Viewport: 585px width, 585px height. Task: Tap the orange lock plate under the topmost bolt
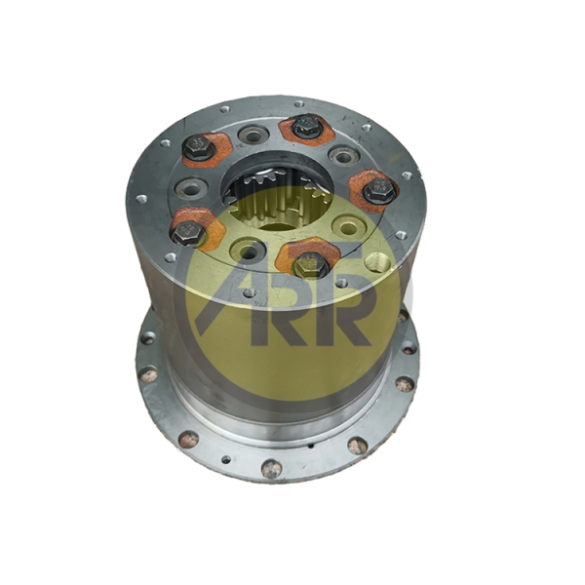[x=305, y=131]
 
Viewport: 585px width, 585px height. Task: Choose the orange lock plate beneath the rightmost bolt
[x=373, y=191]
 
